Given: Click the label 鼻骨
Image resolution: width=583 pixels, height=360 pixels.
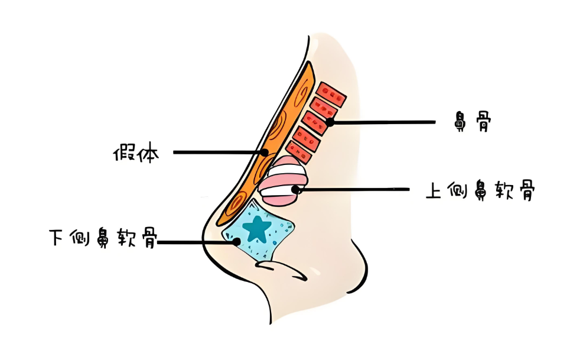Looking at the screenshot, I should coord(470,122).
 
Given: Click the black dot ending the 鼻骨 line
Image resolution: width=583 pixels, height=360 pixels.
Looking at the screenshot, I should coord(330,122).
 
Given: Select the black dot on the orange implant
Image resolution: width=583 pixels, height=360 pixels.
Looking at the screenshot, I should coord(265,153).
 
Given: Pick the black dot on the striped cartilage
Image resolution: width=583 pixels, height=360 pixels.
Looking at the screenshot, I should coord(297,190).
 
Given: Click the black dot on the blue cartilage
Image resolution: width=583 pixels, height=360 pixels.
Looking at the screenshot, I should coord(237,242).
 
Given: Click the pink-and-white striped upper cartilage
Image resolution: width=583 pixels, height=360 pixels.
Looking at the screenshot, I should coord(282,181).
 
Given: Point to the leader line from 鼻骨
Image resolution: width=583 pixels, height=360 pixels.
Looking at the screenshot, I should coord(384,122).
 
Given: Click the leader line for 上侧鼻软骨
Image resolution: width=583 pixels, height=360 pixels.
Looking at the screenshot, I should coord(354,190).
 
